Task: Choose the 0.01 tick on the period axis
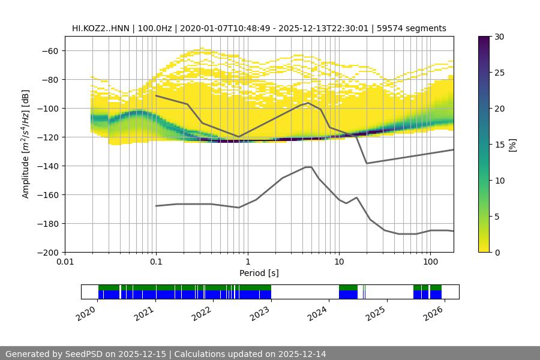(65, 262)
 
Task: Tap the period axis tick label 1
(247, 262)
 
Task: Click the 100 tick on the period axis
(430, 262)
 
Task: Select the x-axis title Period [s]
(259, 273)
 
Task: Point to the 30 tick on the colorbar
(499, 37)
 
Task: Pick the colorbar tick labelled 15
(499, 145)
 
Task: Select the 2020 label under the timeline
(86, 313)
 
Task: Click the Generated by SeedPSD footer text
(165, 354)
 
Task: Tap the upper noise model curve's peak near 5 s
(308, 103)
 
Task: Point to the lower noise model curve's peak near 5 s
(308, 167)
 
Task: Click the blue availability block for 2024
(348, 295)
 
